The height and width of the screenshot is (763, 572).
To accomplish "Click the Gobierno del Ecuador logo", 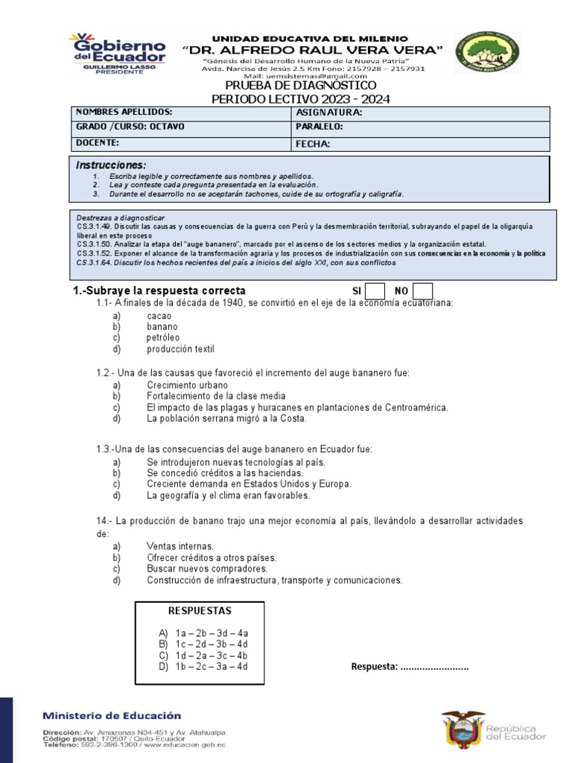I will [x=117, y=51].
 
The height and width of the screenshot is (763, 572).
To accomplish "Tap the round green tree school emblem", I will [x=488, y=53].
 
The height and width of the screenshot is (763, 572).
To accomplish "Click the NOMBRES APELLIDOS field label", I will [x=124, y=112].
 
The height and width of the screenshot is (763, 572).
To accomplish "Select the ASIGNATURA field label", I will [x=328, y=113].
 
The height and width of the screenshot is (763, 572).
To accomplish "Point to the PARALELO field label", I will [x=319, y=127].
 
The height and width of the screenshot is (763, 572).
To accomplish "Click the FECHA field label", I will [x=313, y=144].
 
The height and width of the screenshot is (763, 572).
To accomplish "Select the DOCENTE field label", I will [x=98, y=142].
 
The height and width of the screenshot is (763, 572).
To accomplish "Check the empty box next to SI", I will [x=375, y=291].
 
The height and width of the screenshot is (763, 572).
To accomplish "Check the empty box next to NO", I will [x=422, y=291].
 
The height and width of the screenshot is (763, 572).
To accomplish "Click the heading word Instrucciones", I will [x=112, y=165].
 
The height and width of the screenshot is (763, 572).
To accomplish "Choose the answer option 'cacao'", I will [x=159, y=316].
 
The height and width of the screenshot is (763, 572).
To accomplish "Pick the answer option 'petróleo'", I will [x=163, y=338].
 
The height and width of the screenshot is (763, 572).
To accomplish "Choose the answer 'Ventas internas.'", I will [x=180, y=546].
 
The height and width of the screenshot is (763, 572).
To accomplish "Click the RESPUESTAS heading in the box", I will [x=200, y=610].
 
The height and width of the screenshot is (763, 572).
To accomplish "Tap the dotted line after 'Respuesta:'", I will [x=434, y=666].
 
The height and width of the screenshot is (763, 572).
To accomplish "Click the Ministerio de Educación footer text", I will [x=111, y=715].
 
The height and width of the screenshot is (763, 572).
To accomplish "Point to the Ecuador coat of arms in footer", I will [x=463, y=729].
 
